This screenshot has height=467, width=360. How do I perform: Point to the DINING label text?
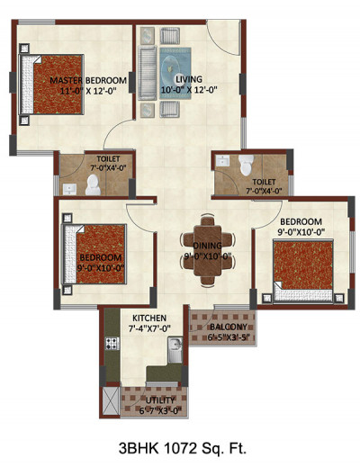pos(207,244)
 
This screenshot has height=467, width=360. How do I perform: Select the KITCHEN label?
pos(148,319)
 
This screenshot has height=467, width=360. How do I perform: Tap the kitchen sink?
pos(176,345)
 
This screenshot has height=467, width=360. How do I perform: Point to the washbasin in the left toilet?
pos(70,188)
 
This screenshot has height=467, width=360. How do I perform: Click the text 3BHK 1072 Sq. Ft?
pos(180,446)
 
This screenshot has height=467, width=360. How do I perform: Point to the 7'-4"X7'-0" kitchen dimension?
pos(148,330)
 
